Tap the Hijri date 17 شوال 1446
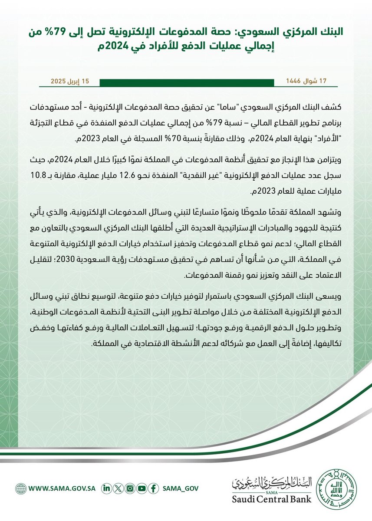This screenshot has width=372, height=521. [306, 82]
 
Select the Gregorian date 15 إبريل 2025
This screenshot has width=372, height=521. [70, 82]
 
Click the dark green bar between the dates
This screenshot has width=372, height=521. [188, 82]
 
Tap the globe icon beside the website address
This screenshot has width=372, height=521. [20, 488]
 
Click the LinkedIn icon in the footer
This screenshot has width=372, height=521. [105, 488]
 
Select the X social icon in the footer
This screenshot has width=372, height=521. [117, 488]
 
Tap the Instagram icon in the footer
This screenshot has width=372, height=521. [129, 488]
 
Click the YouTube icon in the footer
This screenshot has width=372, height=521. [141, 488]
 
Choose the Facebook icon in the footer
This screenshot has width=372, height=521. [152, 488]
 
